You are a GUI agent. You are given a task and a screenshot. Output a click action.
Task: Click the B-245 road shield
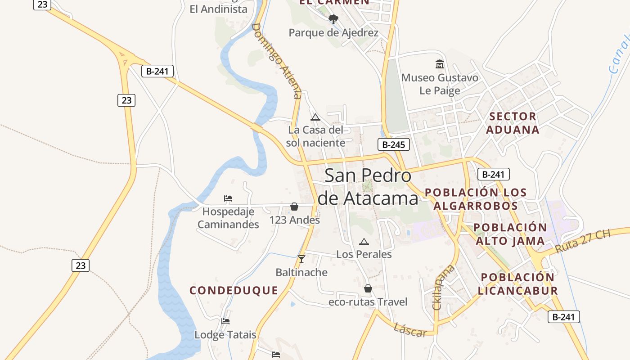click(393, 144)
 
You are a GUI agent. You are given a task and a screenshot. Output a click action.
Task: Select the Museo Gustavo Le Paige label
click(440, 84)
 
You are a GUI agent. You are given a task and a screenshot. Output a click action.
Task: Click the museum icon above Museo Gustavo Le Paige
click(440, 64)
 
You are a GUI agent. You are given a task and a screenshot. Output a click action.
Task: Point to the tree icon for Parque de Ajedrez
click(333, 19)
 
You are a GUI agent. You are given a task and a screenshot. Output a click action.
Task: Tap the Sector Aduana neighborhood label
click(513, 123)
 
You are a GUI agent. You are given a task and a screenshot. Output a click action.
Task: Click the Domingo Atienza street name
click(276, 61)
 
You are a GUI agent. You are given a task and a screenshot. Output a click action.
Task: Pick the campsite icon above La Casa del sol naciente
click(315, 117)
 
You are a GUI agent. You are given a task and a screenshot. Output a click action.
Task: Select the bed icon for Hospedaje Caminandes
click(228, 198)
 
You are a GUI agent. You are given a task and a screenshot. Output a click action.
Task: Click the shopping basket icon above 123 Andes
click(294, 207)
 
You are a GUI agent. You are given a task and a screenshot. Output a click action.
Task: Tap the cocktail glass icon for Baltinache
click(301, 259)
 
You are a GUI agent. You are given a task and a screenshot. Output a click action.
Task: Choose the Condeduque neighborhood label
click(234, 290)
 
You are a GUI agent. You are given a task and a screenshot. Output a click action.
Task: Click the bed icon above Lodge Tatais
click(225, 321)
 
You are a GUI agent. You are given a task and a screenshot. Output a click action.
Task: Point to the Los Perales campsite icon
click(364, 242)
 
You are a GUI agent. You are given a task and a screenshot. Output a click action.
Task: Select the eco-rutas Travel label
click(368, 302)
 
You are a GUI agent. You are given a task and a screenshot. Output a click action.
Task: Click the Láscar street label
click(410, 330)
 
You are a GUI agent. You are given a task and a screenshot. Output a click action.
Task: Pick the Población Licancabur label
click(518, 284)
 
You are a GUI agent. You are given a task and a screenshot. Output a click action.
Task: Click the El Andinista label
click(218, 9)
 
